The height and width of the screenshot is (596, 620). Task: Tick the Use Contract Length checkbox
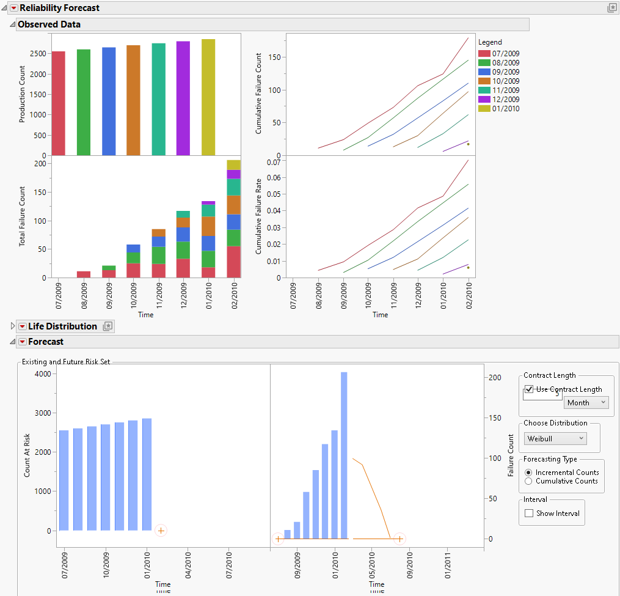[x=529, y=389]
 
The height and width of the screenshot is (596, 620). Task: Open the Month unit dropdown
[x=586, y=403]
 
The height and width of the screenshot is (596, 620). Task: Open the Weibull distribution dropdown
[x=555, y=439]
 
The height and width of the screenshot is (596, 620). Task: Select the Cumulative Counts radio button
[x=528, y=481]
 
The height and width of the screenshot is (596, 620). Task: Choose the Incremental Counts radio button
[x=528, y=473]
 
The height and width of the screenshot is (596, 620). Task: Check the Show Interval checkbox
[x=529, y=513]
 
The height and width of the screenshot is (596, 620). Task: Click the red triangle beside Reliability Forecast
[x=13, y=8]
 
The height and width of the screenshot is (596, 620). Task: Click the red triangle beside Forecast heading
[x=23, y=342]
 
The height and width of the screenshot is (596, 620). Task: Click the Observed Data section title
[x=49, y=24]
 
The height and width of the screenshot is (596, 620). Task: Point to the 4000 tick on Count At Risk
[x=43, y=374]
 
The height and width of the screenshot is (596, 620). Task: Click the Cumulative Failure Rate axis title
[x=260, y=216]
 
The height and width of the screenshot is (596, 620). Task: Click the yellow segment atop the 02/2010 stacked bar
[x=233, y=164]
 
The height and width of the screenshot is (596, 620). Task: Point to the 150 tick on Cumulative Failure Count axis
[x=275, y=57]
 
